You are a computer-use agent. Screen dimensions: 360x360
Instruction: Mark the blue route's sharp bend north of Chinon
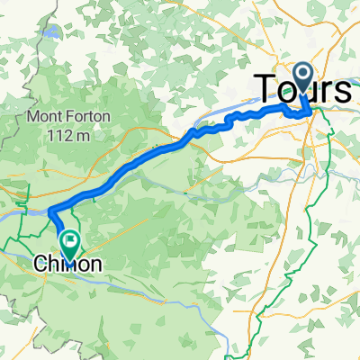click(50, 212)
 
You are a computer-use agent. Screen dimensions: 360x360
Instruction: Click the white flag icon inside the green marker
click(69, 238)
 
